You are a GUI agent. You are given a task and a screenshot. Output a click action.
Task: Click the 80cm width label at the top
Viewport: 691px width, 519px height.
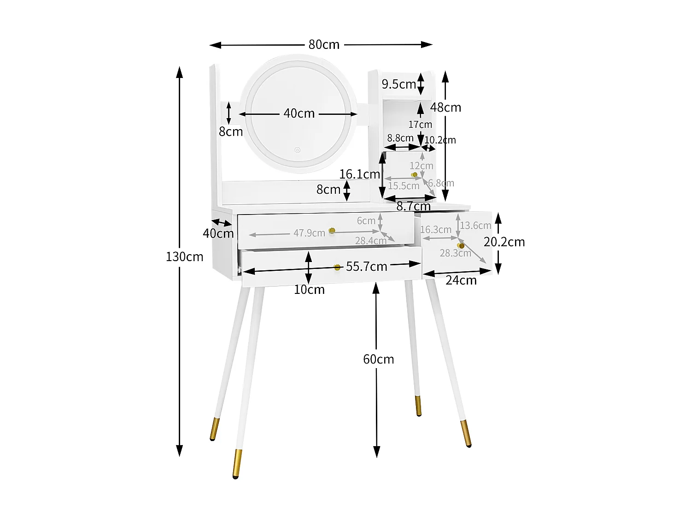324,45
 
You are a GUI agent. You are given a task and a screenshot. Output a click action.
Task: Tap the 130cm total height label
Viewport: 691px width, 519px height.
184,257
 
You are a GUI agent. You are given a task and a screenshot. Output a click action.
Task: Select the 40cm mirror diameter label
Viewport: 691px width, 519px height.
299,113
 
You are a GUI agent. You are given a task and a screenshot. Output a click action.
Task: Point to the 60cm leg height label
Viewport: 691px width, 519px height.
378,359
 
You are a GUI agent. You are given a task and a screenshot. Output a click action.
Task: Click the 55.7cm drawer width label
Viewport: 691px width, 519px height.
366,267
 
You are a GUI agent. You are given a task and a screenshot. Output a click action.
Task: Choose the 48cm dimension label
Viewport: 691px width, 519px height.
445,107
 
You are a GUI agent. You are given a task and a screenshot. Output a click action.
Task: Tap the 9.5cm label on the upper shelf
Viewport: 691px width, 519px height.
398,84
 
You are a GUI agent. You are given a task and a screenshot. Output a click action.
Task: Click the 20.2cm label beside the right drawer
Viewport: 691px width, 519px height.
504,242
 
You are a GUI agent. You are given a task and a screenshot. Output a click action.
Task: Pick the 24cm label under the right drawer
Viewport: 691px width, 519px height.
461,280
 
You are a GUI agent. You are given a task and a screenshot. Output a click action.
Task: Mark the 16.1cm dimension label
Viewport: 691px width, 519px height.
359,174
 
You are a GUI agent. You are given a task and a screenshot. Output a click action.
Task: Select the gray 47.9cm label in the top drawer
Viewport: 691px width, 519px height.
309,233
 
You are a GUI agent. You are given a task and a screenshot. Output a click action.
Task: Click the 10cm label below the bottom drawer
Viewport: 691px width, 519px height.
309,290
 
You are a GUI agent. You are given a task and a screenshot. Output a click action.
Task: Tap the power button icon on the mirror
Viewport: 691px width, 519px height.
298,150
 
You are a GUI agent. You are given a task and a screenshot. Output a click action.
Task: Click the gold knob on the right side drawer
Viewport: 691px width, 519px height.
461,246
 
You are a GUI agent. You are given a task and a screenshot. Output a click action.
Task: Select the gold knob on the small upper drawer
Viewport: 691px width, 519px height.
415,175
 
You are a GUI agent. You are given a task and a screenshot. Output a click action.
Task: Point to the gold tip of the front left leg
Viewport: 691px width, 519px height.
237,463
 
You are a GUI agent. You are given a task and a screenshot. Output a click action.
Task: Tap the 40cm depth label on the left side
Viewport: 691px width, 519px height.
218,233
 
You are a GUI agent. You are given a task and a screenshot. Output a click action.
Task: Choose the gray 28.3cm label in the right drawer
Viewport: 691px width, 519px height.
455,253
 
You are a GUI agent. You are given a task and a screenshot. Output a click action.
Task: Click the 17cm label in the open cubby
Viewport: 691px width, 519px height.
420,125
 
